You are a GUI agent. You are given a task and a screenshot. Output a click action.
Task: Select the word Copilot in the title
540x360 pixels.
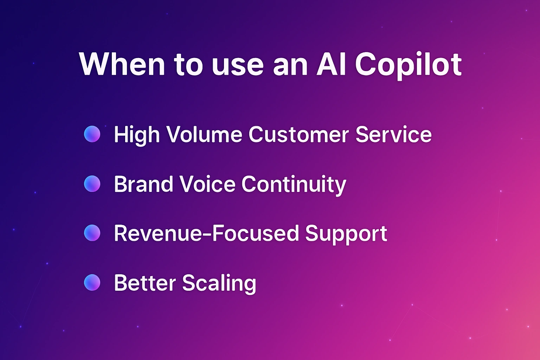[408, 65]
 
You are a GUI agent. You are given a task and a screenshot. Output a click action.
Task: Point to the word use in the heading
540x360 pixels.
[238, 65]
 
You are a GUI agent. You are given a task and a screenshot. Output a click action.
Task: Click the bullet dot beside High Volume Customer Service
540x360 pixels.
[92, 134]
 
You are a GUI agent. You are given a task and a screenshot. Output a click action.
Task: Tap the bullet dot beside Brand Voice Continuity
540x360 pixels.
[92, 184]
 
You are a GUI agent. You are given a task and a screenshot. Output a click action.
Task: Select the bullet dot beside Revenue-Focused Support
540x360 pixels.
[92, 233]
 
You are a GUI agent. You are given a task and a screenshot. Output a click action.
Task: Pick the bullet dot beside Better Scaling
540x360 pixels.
[92, 283]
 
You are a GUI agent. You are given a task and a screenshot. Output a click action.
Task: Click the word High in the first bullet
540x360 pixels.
[137, 135]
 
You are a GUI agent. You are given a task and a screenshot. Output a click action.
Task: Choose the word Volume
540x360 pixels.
[204, 134]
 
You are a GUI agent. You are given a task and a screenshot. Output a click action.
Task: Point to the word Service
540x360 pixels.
[393, 134]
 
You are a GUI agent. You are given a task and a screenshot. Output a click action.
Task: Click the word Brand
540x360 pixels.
[143, 184]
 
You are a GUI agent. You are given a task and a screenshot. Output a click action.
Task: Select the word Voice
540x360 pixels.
[207, 184]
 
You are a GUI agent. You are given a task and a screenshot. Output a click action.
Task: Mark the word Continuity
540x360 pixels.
[294, 185]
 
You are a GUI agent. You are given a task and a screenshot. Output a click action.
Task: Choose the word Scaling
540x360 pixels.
[219, 283]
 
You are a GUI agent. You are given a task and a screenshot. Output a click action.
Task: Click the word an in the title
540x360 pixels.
[290, 65]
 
